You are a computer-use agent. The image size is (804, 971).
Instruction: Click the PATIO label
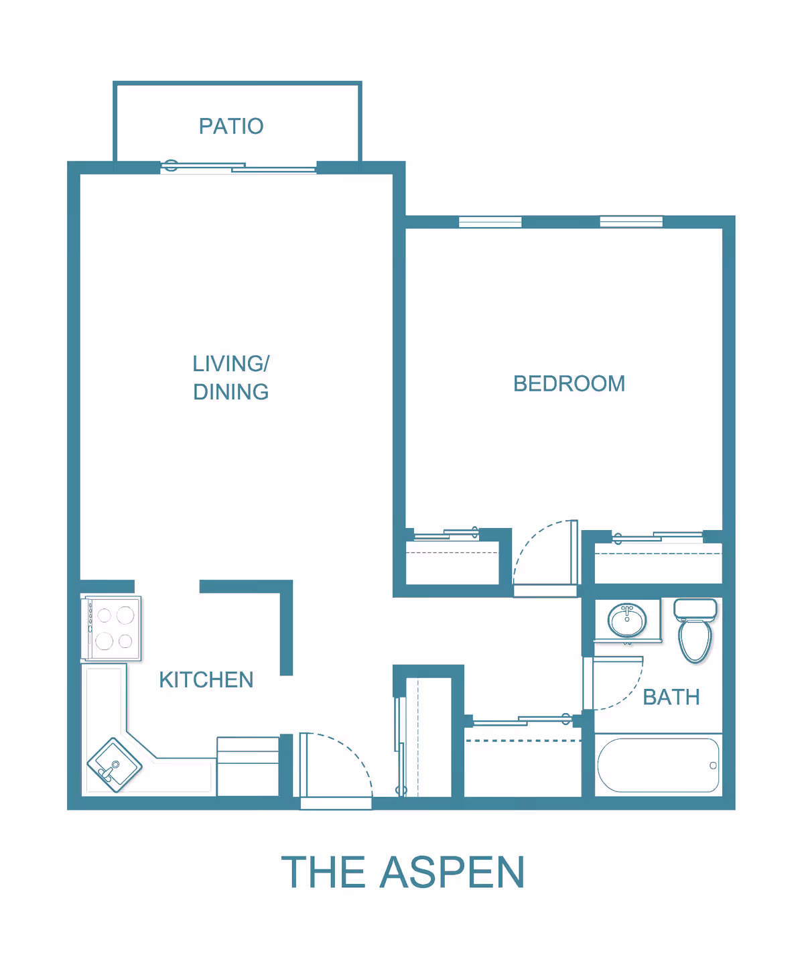[x=231, y=126]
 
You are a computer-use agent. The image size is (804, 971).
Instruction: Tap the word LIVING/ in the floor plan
[x=231, y=364]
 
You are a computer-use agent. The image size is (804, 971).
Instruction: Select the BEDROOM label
[x=569, y=384]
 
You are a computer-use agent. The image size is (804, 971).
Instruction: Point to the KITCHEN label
[x=206, y=679]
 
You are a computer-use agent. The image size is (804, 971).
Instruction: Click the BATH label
[x=671, y=697]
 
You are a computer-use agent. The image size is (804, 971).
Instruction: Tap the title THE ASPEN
[x=403, y=872]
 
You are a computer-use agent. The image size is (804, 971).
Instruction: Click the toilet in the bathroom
[x=695, y=631]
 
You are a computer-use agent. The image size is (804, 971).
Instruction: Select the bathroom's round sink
[x=627, y=620]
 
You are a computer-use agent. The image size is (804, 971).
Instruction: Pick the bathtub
[x=658, y=765]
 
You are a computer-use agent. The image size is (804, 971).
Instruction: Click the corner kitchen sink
[x=115, y=765]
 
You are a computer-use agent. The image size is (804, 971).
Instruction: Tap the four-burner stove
[x=111, y=629]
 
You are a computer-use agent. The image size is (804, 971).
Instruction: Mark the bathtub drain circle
[x=713, y=765]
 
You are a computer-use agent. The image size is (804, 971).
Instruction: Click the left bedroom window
[x=490, y=222]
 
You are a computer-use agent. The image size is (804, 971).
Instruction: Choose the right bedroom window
[x=631, y=222]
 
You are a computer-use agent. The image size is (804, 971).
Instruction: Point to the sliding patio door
[x=239, y=168]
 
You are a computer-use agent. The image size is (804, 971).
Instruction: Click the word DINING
[x=231, y=392]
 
